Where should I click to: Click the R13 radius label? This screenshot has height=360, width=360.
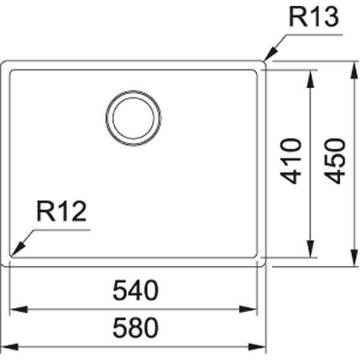314,17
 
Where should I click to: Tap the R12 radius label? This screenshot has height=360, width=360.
62,211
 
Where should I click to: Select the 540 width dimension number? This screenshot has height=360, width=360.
136,290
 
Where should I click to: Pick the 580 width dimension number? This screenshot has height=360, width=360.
136,328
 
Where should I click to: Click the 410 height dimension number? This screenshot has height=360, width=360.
290,161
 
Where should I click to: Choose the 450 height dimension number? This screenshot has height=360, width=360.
335,161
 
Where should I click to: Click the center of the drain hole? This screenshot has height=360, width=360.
133,118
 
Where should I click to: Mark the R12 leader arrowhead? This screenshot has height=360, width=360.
18,248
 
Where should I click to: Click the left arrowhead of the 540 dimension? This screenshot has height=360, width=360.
19,309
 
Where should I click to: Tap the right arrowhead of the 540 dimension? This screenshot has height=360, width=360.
248,309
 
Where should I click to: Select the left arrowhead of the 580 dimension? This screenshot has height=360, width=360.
10,347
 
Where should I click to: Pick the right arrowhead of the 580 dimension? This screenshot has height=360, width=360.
257,347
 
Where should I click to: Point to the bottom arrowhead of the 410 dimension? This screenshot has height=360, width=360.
310,248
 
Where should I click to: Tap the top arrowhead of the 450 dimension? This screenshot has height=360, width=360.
354,70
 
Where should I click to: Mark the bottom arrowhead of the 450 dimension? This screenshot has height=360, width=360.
354,258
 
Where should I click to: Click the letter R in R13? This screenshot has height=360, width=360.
298,17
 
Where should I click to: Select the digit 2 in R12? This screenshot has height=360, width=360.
78,211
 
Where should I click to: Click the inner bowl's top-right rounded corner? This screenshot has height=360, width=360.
256,71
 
